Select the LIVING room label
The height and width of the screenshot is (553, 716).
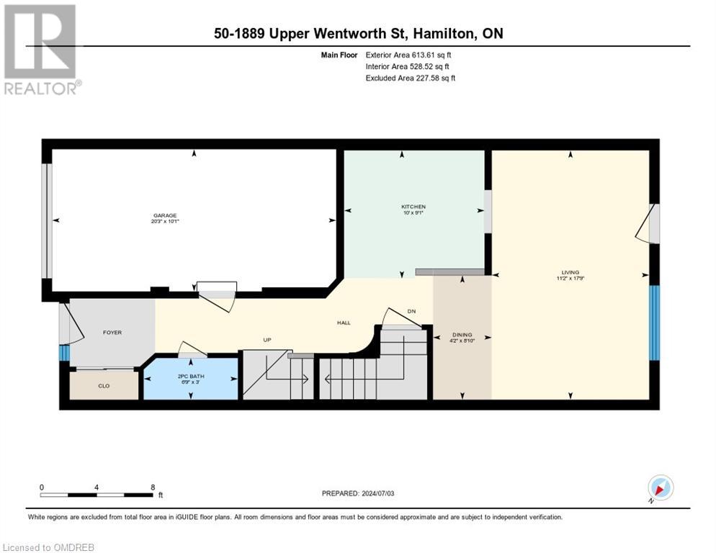pyautogui.click(x=570, y=272)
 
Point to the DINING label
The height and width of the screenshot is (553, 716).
pyautogui.click(x=462, y=335)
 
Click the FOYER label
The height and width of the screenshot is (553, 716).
pyautogui.click(x=112, y=333)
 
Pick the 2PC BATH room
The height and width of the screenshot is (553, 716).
pyautogui.click(x=190, y=377)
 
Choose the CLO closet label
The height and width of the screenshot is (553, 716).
pyautogui.click(x=104, y=386)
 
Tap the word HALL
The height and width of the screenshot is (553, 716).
pyautogui.click(x=344, y=323)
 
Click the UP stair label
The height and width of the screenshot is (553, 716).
pyautogui.click(x=267, y=340)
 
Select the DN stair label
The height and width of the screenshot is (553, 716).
pyautogui.click(x=411, y=311)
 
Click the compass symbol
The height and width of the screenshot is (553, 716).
pyautogui.click(x=660, y=487)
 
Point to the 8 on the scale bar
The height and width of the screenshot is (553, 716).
pyautogui.click(x=153, y=487)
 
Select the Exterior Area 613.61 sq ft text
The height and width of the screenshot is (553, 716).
pyautogui.click(x=410, y=55)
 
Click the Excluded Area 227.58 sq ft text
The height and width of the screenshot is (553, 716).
pyautogui.click(x=410, y=78)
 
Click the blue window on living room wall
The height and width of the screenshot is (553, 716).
pyautogui.click(x=654, y=323)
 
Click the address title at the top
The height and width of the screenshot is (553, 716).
pyautogui.click(x=357, y=34)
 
